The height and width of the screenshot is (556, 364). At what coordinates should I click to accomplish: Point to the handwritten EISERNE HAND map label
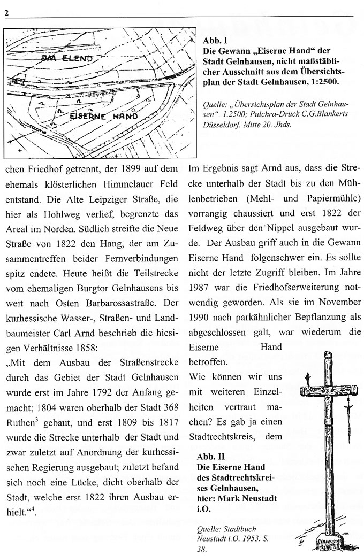click(104, 115)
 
